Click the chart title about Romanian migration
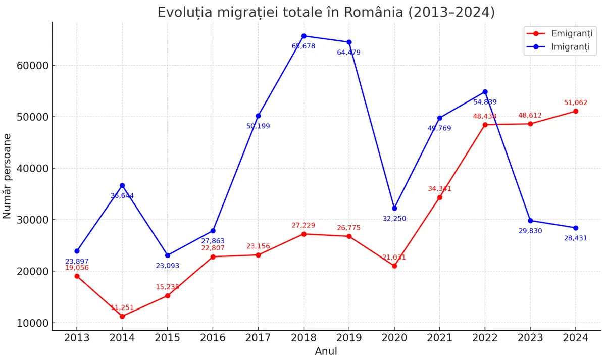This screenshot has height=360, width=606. click(x=326, y=12)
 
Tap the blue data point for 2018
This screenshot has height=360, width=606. click(x=304, y=36)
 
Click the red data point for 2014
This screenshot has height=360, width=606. click(x=122, y=316)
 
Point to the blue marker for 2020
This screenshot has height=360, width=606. click(x=394, y=208)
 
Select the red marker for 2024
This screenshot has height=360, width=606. click(x=576, y=111)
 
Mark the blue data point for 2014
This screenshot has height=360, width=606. click(x=122, y=185)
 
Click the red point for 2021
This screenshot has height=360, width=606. click(x=440, y=197)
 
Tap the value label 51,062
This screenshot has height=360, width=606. click(x=576, y=102)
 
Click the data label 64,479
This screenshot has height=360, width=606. click(x=349, y=53)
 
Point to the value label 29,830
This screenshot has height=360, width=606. click(x=530, y=231)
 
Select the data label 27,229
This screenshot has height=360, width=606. click(x=304, y=225)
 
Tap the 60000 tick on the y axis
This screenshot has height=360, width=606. click(x=32, y=66)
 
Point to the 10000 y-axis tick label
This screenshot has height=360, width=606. click(x=32, y=323)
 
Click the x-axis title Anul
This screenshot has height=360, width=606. click(x=326, y=351)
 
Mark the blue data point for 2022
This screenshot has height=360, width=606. click(x=485, y=92)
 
